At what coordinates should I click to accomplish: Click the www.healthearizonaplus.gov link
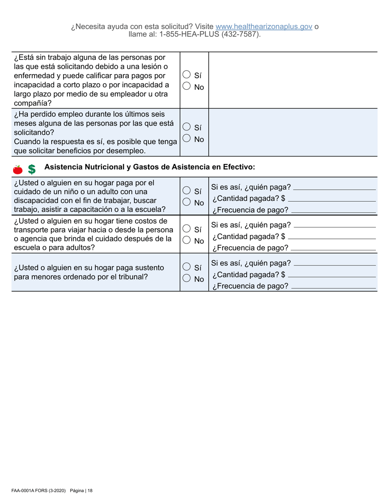tap(264, 27)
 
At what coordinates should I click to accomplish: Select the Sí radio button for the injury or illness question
tap(186, 75)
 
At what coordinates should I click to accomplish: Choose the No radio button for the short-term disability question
tap(186, 86)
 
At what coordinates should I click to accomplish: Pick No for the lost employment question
tap(186, 138)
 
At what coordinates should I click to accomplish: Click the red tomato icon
tap(18, 169)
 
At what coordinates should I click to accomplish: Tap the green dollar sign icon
tap(32, 169)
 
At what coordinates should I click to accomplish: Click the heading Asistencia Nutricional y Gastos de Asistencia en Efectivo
tap(149, 167)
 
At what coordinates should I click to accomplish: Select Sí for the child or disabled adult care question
tap(186, 191)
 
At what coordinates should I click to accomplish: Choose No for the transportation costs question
tap(186, 241)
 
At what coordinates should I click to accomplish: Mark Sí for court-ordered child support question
tap(186, 267)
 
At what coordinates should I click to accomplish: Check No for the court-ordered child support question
tap(186, 279)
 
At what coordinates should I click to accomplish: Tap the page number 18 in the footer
tap(90, 490)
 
